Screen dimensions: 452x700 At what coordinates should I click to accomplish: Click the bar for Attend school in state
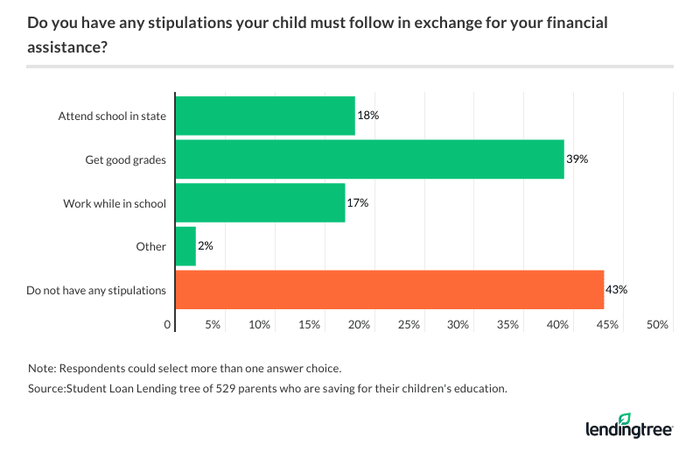pyautogui.click(x=265, y=116)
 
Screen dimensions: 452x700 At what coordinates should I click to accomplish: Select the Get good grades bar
pyautogui.click(x=369, y=159)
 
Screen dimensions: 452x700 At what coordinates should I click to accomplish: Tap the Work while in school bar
pyautogui.click(x=260, y=203)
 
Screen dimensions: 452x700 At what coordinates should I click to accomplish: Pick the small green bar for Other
pyautogui.click(x=185, y=246)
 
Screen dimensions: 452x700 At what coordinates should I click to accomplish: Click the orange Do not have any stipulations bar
pyautogui.click(x=389, y=290)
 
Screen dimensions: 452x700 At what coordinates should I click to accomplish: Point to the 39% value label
pyautogui.click(x=577, y=159)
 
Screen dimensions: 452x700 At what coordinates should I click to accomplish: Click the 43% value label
pyautogui.click(x=618, y=290)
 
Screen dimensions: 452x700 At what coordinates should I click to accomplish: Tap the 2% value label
pyautogui.click(x=206, y=246)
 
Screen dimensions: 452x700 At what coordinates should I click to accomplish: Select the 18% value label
pyautogui.click(x=368, y=116)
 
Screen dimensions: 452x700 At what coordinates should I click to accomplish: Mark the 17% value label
pyautogui.click(x=359, y=203)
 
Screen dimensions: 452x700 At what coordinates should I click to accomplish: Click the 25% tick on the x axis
pyautogui.click(x=409, y=325)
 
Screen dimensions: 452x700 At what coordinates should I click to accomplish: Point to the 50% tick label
pyautogui.click(x=657, y=325)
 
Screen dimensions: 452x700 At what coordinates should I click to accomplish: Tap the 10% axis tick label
pyautogui.click(x=259, y=325)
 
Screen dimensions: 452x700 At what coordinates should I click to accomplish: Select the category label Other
pyautogui.click(x=150, y=246)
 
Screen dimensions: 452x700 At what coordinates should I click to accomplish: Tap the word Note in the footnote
pyautogui.click(x=40, y=368)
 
